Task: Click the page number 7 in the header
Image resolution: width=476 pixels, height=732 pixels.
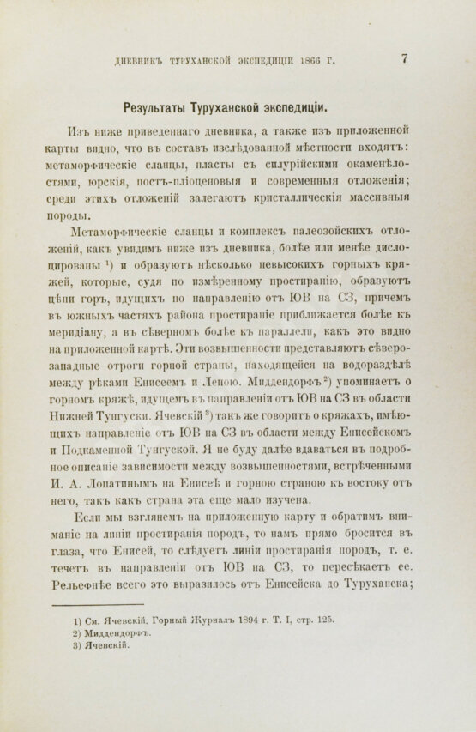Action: click(x=404, y=58)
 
